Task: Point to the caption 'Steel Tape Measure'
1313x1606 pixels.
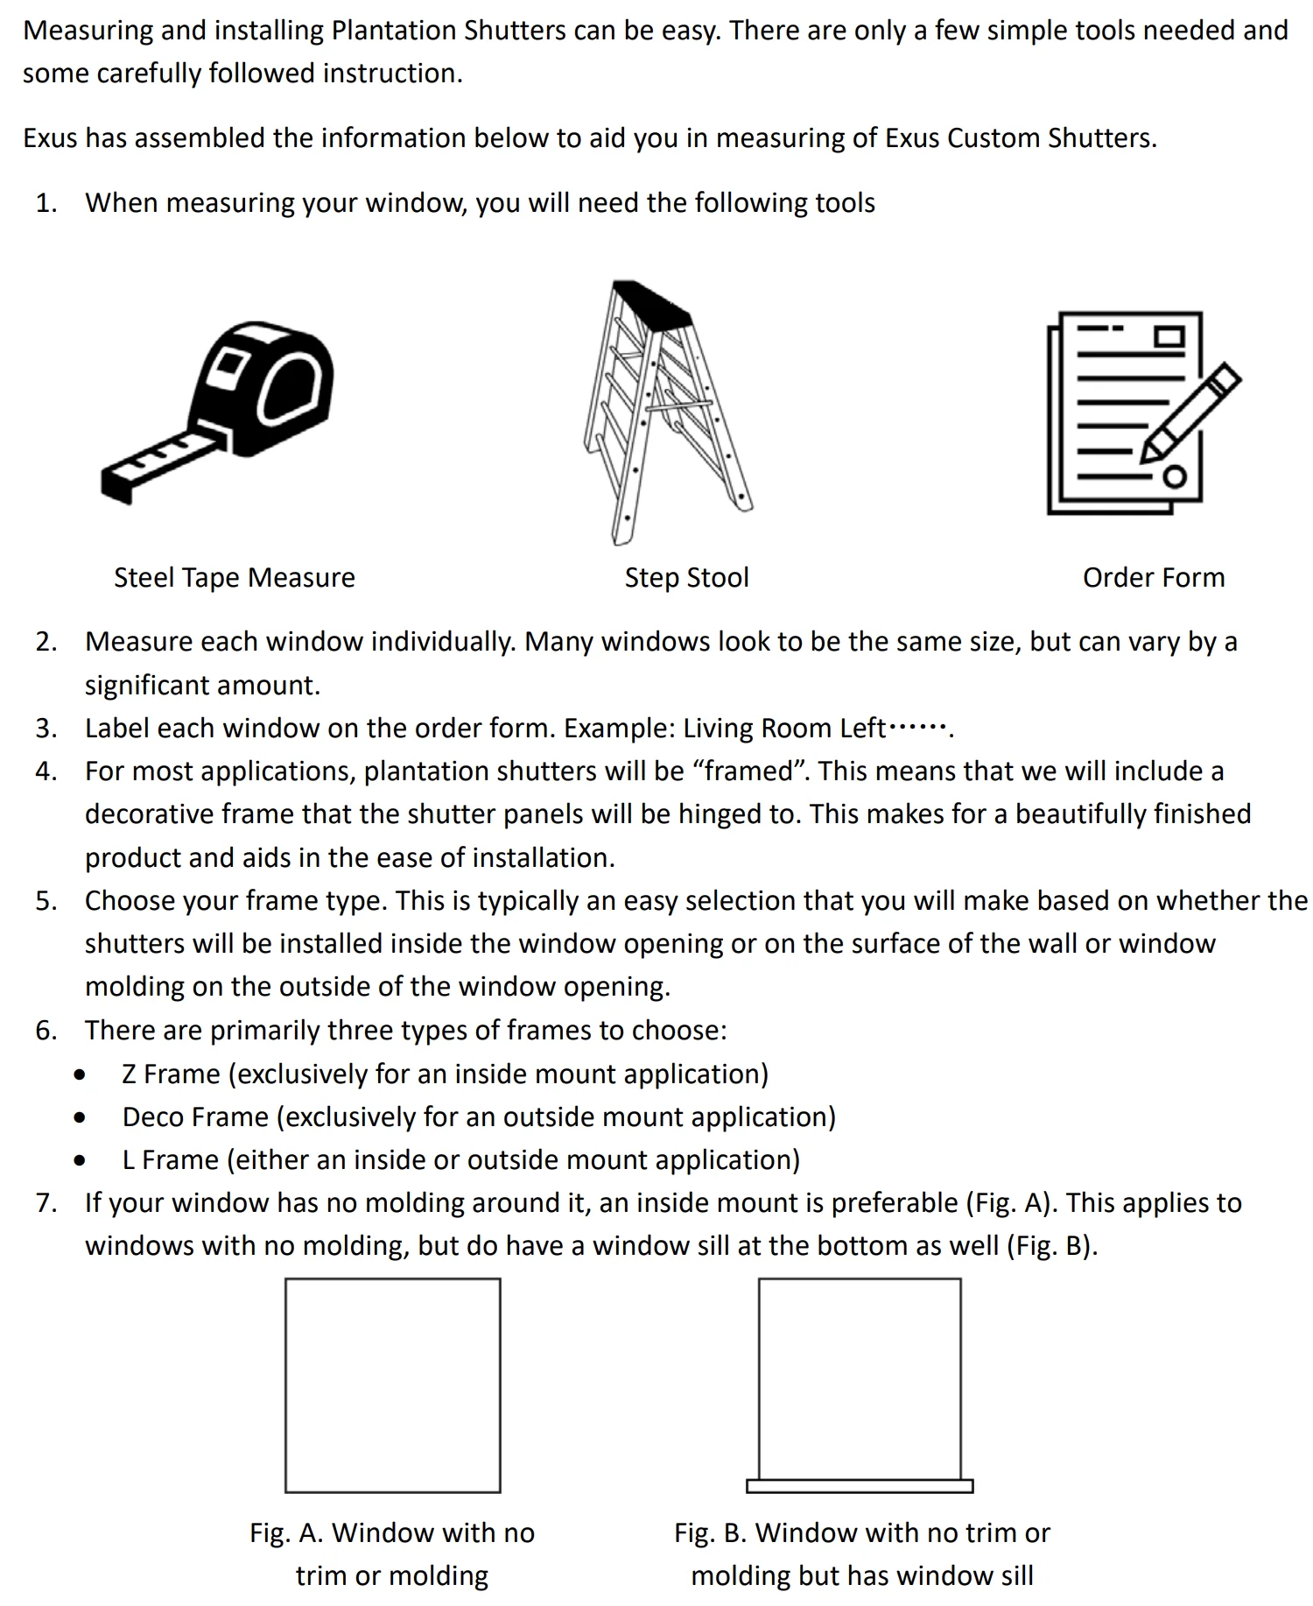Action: [x=235, y=578]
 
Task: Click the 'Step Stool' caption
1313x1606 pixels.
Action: [x=687, y=578]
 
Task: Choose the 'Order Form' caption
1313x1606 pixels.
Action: [x=1154, y=578]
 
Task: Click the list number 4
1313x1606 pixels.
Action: [x=46, y=771]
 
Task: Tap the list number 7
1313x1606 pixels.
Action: [x=46, y=1203]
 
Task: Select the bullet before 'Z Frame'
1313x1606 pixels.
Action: [x=81, y=1074]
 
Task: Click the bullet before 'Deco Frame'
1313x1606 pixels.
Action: [x=81, y=1117]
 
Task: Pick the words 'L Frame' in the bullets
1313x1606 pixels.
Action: [x=170, y=1160]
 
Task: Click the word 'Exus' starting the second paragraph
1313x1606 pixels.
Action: [x=50, y=138]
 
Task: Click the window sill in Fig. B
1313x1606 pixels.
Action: [x=860, y=1486]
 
